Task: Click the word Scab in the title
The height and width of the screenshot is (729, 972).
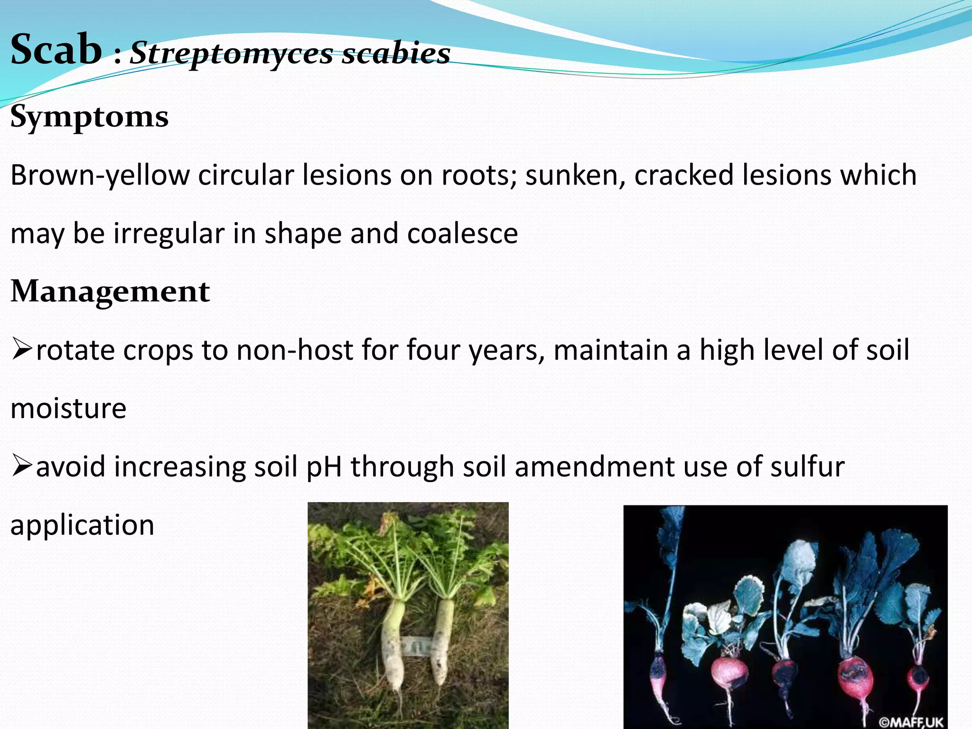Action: point(56,49)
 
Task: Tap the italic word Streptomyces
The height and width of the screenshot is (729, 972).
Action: point(232,53)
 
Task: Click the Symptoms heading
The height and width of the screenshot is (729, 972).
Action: point(89,116)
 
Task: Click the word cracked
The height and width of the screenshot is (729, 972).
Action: point(684,175)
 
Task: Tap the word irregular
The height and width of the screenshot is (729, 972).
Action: point(169,234)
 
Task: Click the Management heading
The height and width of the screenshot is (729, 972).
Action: point(110,291)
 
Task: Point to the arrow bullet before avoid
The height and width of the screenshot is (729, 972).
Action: point(22,466)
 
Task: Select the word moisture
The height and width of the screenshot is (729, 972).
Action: point(68,408)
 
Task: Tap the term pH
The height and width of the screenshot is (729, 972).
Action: point(324,467)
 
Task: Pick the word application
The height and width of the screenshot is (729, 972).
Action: point(83,525)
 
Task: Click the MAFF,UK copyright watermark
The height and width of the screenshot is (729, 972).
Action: point(910,721)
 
